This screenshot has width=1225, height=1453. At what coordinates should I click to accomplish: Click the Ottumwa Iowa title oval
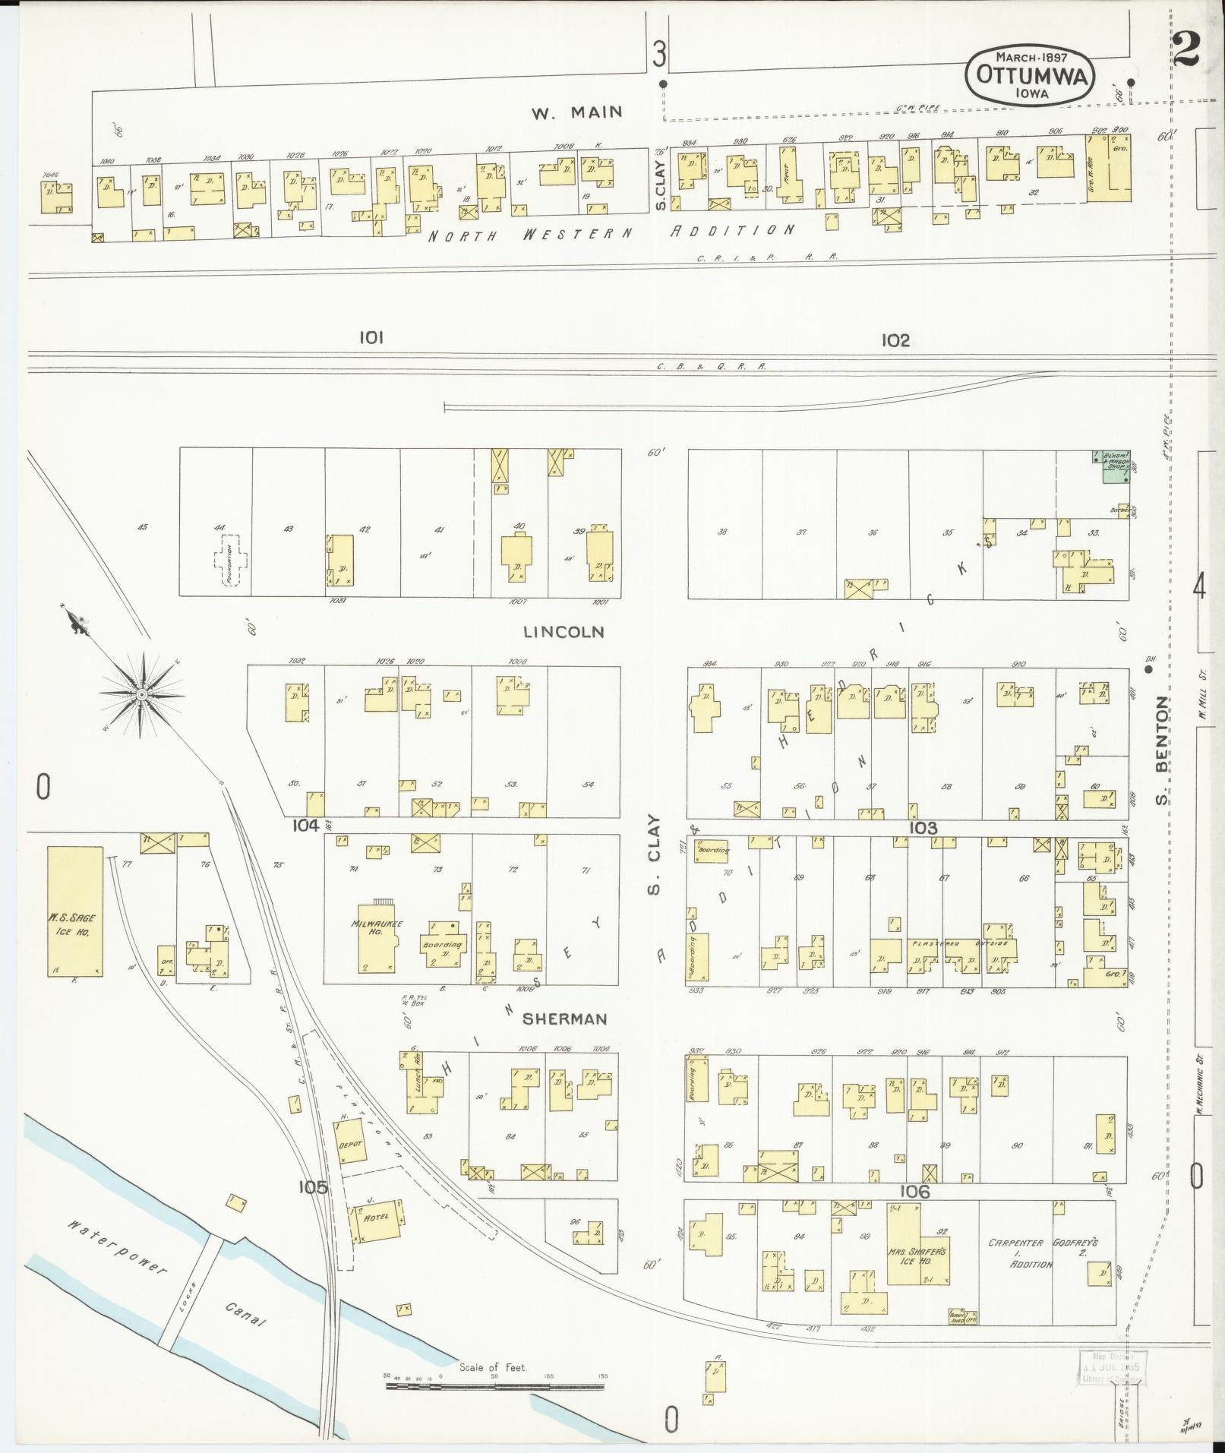(1031, 76)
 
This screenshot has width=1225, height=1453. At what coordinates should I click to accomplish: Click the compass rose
(140, 694)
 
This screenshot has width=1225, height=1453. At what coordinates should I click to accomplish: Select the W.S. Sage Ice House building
(74, 911)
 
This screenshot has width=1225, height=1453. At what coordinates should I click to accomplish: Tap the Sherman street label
(565, 1019)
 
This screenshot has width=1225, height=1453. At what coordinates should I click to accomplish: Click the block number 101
(371, 338)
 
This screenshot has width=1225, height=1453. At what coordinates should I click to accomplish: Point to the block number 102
(895, 340)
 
